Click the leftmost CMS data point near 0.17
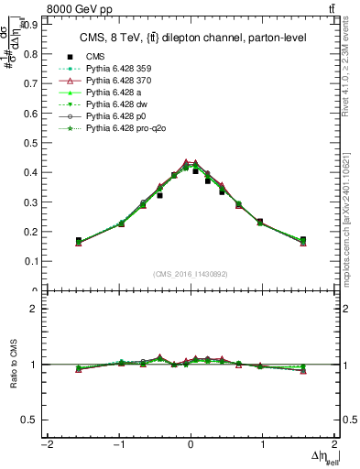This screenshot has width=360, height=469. click(79, 241)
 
